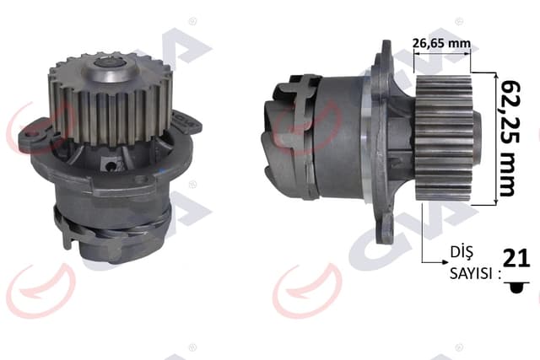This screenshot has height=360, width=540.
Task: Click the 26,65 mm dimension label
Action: point(441,42)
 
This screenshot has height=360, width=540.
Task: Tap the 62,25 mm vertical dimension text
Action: point(507,138)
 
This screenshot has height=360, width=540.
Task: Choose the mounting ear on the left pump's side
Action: point(34,135)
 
